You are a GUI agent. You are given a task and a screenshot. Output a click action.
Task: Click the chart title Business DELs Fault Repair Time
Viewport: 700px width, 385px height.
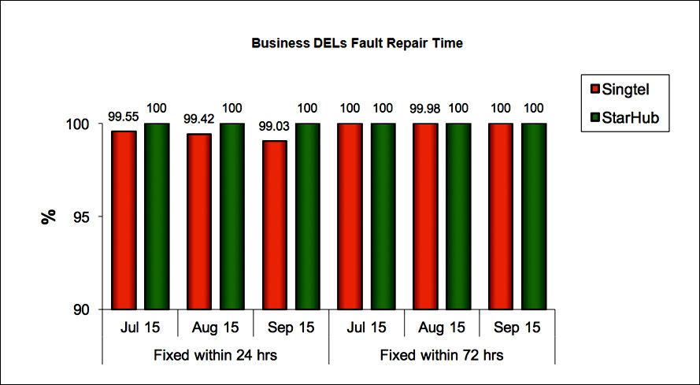point(357,44)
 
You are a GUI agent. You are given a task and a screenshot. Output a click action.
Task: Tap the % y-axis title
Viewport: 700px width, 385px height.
point(49,217)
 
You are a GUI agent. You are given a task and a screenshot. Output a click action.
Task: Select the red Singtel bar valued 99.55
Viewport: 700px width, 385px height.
point(124,220)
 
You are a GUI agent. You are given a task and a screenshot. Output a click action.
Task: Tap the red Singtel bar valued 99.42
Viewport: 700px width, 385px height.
point(199,221)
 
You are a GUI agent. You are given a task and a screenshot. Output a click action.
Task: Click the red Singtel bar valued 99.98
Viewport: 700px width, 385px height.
point(425,217)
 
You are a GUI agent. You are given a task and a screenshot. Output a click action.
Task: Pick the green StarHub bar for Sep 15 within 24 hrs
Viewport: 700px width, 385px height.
point(307,217)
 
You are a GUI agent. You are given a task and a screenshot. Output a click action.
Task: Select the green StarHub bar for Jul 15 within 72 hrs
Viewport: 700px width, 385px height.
point(383,217)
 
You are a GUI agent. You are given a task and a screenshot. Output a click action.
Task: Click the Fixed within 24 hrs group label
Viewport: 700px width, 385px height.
point(215,355)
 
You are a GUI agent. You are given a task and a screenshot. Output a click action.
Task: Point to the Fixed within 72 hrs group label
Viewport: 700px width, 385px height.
point(442,355)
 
